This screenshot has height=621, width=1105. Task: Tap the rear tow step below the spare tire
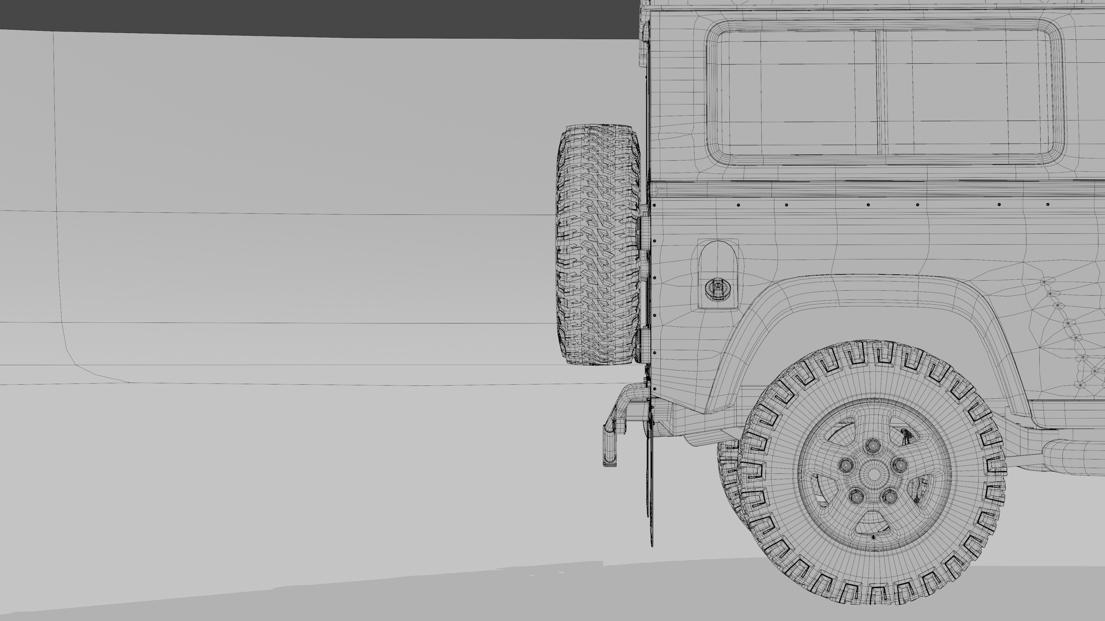pos(611,446)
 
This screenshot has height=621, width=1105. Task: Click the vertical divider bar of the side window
pos(879,92)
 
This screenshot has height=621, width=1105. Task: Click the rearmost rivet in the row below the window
pos(654,205)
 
